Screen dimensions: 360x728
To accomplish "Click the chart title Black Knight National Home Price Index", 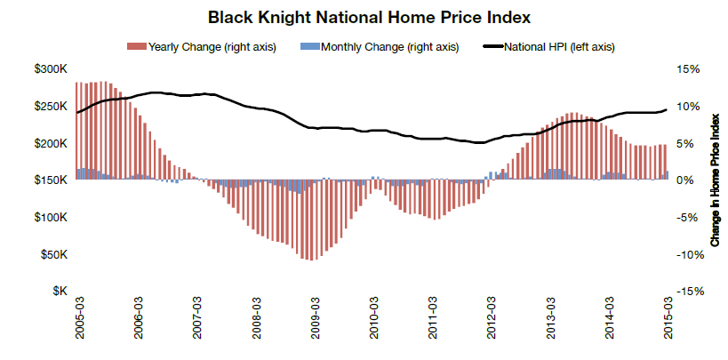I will pos(364,17).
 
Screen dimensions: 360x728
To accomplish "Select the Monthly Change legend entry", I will pos(383,46).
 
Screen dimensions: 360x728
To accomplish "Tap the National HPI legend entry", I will pos(560,46).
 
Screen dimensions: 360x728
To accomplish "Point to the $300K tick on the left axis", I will pos(51,69).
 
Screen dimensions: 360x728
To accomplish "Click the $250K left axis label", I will pos(51,107).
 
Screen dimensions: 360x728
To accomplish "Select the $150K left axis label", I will pos(51,180).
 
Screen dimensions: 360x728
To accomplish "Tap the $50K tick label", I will pos(53,255).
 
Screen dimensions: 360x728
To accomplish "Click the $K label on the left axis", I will pos(59,292).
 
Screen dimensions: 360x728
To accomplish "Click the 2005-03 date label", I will pos(79,319).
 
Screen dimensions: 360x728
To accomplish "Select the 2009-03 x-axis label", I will pos(315,319).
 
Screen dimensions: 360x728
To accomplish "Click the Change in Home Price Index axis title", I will pos(716,180).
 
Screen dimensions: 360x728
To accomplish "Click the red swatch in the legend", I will pos(136,46).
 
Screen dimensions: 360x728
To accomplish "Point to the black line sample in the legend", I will pos(492,46).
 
